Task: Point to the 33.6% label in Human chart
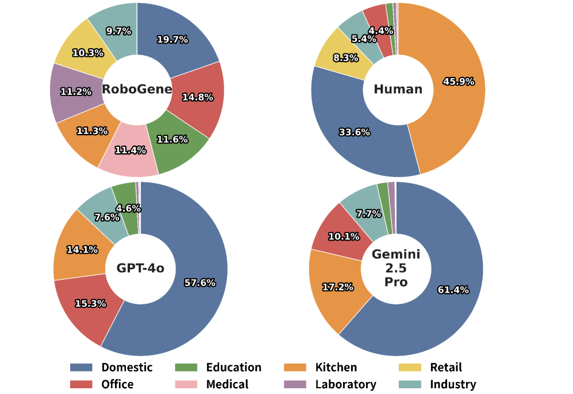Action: (354, 132)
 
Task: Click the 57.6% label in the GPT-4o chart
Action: (199, 283)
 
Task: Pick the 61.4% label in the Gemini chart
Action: (453, 290)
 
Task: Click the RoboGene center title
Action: (137, 89)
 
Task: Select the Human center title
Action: (398, 89)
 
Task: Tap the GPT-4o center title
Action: (140, 268)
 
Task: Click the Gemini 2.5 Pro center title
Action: (396, 268)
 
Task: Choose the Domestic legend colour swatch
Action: (81, 368)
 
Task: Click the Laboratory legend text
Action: (345, 384)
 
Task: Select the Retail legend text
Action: (446, 368)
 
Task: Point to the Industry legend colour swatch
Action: (410, 384)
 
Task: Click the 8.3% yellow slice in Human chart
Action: (339, 55)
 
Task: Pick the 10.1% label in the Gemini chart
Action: (344, 237)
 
